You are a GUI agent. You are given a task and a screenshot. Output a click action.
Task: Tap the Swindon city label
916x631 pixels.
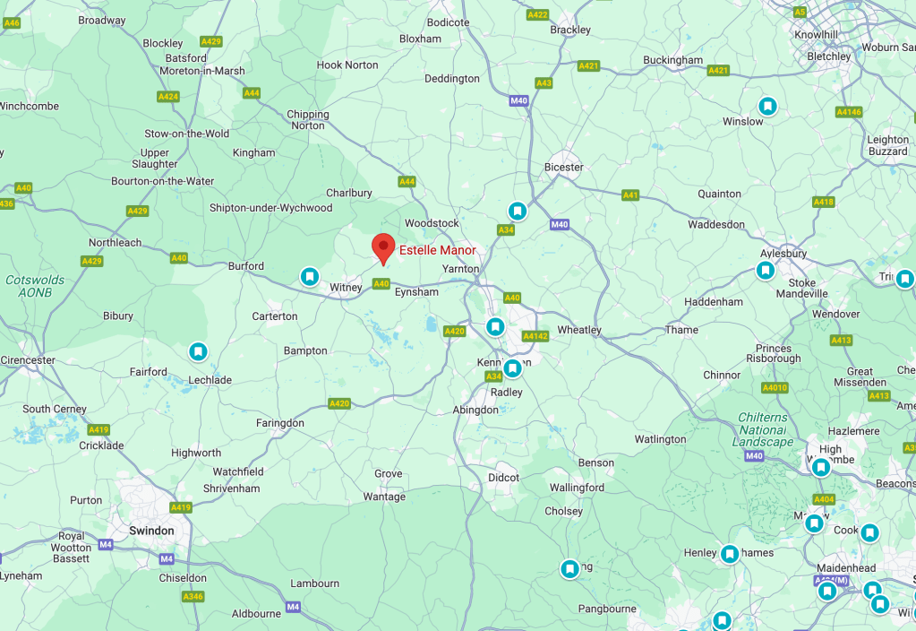click(151, 531)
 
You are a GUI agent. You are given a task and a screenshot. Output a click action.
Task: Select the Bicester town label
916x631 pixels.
click(564, 168)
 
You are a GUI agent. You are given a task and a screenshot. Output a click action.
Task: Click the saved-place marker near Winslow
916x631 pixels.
click(767, 106)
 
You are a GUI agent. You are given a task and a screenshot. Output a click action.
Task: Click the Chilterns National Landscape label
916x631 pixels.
click(763, 429)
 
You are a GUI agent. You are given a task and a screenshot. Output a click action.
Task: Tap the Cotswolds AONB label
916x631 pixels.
click(35, 286)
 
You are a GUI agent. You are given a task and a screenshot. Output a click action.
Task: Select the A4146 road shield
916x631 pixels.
click(848, 112)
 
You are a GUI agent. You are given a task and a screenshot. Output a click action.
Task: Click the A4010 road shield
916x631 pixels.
click(775, 388)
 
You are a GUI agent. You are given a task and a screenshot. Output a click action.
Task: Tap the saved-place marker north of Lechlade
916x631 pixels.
click(198, 351)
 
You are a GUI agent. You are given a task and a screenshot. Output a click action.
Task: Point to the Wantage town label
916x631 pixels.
click(384, 497)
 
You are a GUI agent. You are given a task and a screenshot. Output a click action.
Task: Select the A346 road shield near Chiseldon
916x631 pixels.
click(193, 596)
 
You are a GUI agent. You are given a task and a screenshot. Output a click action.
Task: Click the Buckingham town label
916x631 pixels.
click(672, 60)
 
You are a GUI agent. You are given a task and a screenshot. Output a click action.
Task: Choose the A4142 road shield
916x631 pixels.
click(535, 336)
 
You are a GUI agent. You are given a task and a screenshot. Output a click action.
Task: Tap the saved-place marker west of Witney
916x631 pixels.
click(309, 276)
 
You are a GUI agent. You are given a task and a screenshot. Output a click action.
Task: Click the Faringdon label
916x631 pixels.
click(280, 423)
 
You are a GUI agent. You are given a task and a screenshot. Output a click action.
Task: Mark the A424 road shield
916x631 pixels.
click(167, 96)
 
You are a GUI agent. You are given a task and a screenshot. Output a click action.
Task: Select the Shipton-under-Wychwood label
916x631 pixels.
click(270, 208)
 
